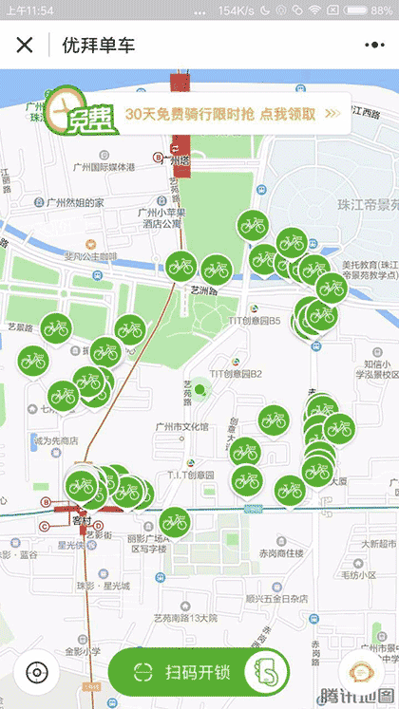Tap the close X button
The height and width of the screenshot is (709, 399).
(25, 45)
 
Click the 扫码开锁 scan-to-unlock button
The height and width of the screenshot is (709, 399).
(198, 673)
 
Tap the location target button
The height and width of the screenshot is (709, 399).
(36, 673)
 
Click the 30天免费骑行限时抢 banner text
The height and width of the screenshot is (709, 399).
(219, 113)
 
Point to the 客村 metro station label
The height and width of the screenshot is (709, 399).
(81, 520)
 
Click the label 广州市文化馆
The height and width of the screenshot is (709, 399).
(182, 426)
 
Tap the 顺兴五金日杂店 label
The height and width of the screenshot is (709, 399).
(276, 599)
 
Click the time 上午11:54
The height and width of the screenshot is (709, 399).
(29, 9)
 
